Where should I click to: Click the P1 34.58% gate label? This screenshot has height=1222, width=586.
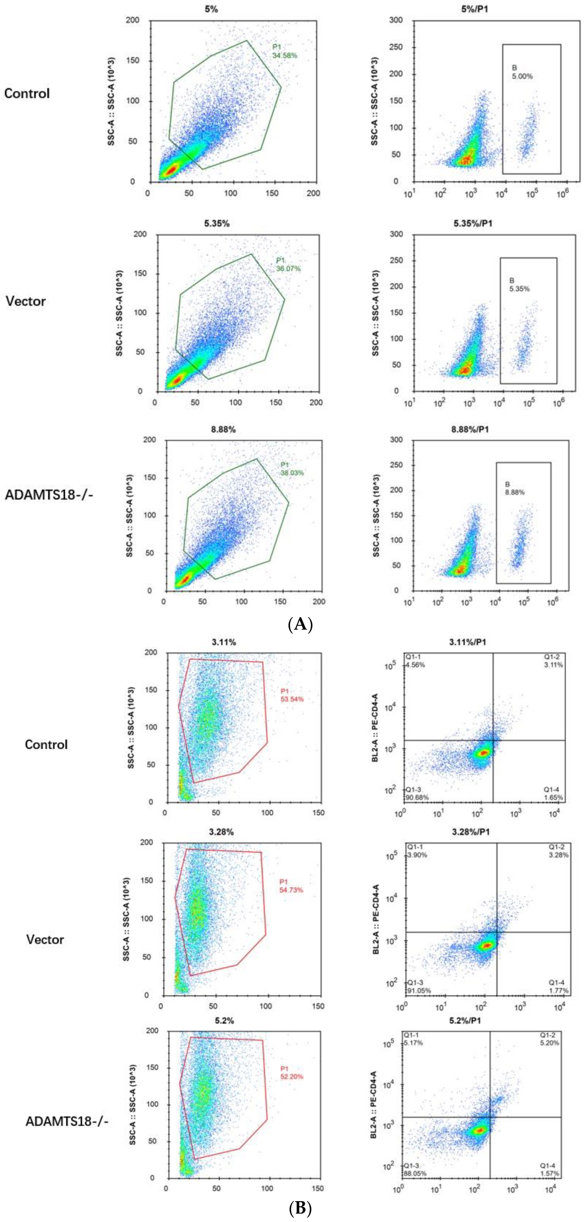(284, 51)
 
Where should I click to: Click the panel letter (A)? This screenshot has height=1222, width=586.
(300, 624)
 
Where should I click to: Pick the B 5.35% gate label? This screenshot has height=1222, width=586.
(519, 285)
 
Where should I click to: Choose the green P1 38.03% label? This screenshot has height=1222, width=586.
(292, 469)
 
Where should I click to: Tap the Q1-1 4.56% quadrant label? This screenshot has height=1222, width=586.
(415, 661)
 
